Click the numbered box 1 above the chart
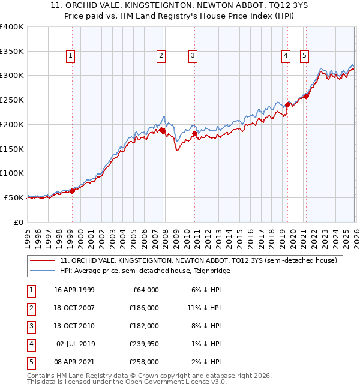(x=70, y=56)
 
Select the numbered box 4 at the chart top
(x=286, y=56)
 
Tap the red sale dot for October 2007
(x=163, y=130)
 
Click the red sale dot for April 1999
(x=73, y=191)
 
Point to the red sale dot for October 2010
(x=194, y=133)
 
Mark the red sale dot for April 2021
(x=306, y=96)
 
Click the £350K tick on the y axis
(x=12, y=51)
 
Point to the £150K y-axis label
(x=12, y=149)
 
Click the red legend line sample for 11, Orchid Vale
(x=43, y=260)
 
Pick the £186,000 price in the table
(x=145, y=307)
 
